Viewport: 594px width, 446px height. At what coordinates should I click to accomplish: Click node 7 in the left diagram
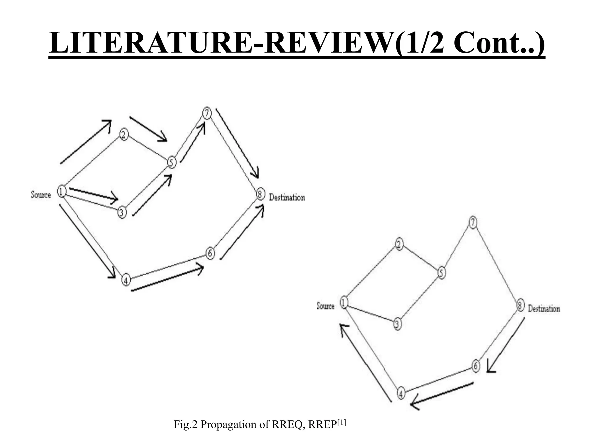coord(207,113)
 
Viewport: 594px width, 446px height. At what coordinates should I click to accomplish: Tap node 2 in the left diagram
coord(124,135)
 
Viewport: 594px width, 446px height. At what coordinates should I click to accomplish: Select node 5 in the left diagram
coord(172,162)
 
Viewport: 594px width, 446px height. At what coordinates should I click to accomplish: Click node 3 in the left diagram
coord(122,212)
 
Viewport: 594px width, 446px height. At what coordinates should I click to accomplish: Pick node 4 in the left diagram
coord(126,280)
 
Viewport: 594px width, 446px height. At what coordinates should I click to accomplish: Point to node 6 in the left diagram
coord(210,253)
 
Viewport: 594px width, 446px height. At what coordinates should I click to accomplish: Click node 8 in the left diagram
coord(260,194)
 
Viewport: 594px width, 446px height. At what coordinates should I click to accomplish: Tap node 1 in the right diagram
coord(344,303)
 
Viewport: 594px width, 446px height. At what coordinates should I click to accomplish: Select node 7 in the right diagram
coord(473,223)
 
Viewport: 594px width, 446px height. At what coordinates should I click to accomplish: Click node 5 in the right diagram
coord(441,273)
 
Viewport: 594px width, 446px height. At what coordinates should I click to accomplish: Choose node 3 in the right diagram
coord(397,324)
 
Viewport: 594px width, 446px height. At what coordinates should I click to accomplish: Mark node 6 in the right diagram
coord(475,366)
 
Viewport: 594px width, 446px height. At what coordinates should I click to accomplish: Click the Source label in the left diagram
coord(41,195)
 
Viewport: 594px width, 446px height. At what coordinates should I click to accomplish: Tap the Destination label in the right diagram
coord(544,308)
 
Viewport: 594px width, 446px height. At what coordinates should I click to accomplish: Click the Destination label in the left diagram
coord(287,197)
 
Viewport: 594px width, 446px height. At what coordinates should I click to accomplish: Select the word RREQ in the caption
coord(288,425)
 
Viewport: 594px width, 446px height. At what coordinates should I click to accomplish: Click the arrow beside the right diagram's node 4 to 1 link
coord(365,363)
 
